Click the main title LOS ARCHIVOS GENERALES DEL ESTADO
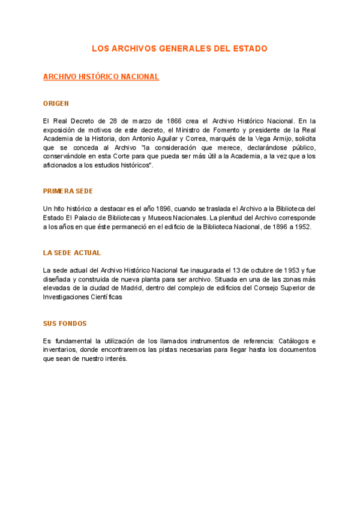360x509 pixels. (x=179, y=48)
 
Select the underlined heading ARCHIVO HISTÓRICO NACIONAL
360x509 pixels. (x=101, y=77)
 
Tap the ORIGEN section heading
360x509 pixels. (x=56, y=103)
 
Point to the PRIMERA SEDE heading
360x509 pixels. (x=68, y=191)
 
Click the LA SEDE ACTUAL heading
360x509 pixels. (x=72, y=253)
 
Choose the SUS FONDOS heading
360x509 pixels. (x=65, y=324)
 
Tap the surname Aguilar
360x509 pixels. (x=172, y=139)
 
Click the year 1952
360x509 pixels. (x=301, y=227)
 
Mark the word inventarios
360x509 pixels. (x=61, y=350)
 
